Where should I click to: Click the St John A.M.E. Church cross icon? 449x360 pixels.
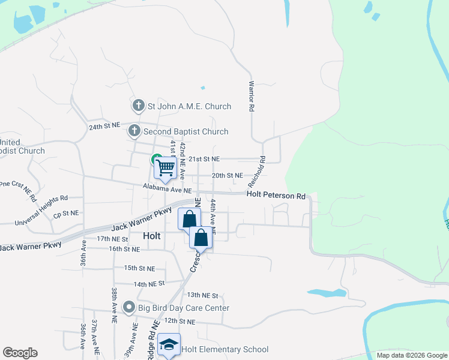138,106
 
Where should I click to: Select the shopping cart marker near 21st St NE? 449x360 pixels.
165,167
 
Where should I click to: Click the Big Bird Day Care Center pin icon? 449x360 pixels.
128,308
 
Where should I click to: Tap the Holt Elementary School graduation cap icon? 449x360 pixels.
169,346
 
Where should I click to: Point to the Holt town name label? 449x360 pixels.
152,236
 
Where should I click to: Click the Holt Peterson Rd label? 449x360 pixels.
276,196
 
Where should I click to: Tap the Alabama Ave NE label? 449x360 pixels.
167,188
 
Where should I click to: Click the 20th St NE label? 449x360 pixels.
228,176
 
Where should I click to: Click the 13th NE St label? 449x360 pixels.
202,295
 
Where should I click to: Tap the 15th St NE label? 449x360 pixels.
139,268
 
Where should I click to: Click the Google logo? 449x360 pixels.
20,353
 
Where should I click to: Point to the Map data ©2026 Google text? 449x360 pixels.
411,355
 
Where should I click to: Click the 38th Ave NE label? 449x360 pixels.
113,305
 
